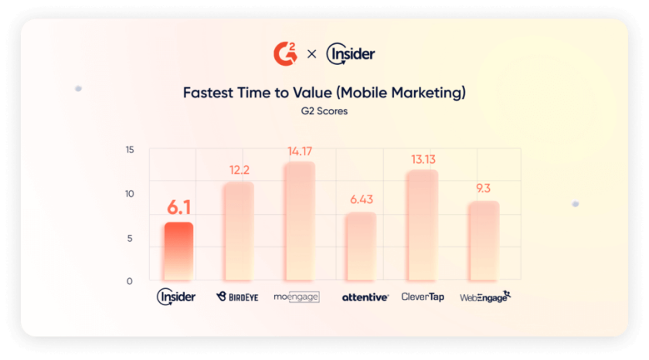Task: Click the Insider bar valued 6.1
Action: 178,252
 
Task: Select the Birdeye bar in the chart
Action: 238,232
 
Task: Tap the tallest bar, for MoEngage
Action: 299,222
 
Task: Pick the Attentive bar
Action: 360,246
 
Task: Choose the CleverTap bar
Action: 422,226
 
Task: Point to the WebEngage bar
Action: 484,241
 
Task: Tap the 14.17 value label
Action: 299,151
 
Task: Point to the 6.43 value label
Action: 361,199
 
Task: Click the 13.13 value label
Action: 422,159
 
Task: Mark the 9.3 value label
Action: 484,188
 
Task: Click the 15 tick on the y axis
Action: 129,150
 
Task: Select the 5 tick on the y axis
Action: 130,238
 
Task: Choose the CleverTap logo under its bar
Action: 422,297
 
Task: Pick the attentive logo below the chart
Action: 365,297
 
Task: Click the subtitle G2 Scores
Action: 324,112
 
